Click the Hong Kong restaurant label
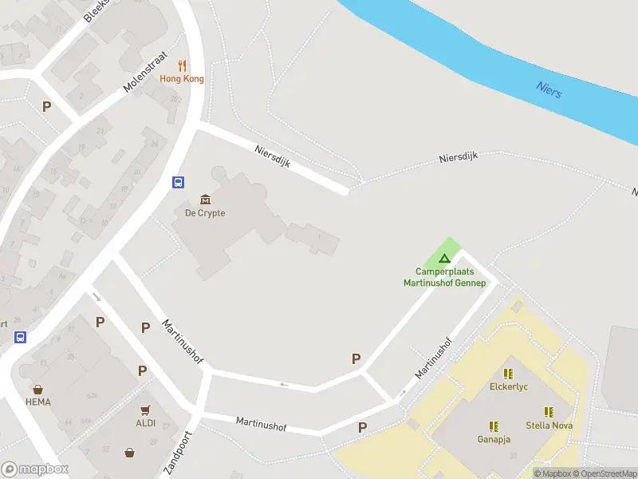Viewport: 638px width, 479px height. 182,78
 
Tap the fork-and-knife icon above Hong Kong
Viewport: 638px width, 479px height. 182,65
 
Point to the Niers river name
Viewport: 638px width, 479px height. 549,89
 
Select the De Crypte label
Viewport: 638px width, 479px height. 205,213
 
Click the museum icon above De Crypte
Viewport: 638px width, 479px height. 205,200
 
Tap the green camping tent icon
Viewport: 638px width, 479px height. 444,258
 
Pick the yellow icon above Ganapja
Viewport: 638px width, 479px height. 494,426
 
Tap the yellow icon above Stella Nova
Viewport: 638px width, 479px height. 548,412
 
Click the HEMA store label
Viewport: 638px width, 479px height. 37,402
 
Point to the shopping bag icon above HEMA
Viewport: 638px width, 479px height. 37,390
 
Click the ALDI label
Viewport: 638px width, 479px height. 145,423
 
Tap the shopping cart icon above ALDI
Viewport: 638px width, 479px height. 145,410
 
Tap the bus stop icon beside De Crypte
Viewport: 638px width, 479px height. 179,182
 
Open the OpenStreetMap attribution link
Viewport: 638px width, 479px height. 604,473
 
